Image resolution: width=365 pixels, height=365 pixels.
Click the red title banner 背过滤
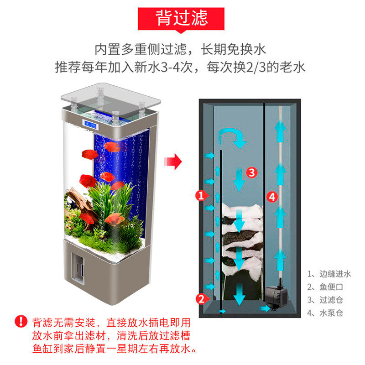[x=181, y=19]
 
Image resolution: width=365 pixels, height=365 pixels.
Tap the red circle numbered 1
[x=201, y=196]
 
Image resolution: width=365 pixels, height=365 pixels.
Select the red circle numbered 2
[x=201, y=299]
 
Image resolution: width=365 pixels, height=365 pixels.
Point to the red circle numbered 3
[x=252, y=172]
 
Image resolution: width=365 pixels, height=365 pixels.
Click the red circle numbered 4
[x=272, y=197]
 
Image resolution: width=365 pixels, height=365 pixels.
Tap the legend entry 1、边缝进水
[x=329, y=274]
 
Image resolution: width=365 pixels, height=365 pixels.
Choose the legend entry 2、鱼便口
[x=325, y=287]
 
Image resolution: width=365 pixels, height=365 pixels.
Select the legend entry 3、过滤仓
[x=325, y=300]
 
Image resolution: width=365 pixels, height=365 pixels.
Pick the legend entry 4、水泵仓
[x=325, y=313]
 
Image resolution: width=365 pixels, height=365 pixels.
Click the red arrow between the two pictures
[x=173, y=162]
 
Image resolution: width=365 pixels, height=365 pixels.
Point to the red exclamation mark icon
[x=21, y=321]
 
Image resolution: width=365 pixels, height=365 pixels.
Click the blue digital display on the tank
[x=89, y=124]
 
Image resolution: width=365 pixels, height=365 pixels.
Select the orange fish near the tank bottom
[x=115, y=219]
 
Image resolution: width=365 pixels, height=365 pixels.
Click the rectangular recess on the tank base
[x=78, y=267]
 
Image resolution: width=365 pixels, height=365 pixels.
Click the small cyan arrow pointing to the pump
[x=265, y=309]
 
